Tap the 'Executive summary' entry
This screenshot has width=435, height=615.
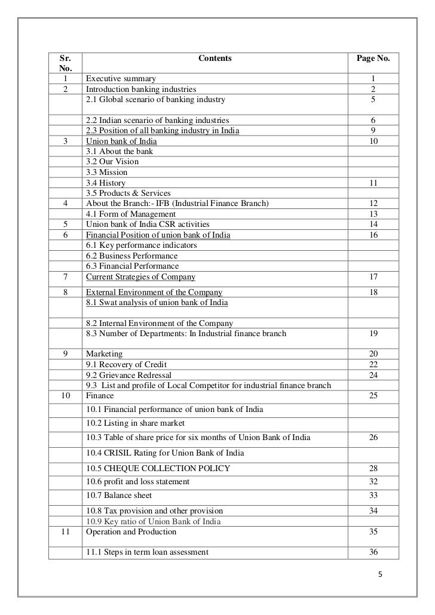tap(121, 79)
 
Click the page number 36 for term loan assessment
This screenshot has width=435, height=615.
tap(373, 552)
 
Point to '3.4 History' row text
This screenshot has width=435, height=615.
tap(106, 183)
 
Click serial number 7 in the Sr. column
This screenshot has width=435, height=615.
tap(64, 276)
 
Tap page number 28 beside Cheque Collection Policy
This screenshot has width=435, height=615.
tap(373, 467)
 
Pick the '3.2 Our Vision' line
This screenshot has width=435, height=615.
tap(112, 162)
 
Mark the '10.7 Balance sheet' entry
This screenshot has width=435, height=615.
tap(119, 495)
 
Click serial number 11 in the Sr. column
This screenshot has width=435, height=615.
tap(64, 531)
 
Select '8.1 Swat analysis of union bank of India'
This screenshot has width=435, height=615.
tap(157, 303)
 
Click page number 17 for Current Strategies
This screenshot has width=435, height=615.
tap(373, 276)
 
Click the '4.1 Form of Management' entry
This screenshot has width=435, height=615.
tap(131, 214)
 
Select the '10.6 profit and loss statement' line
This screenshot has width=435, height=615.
tap(138, 481)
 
